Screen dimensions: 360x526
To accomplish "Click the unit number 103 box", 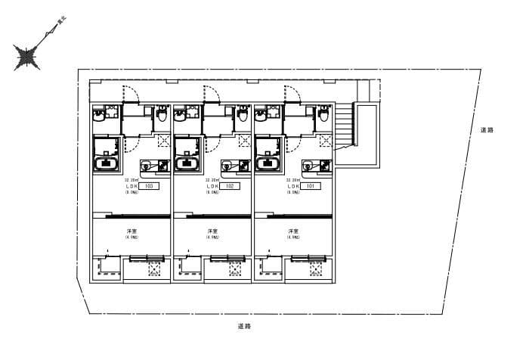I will click(148, 185).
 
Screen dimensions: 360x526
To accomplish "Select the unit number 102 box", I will click(229, 185).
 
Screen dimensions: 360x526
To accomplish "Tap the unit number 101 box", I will click(310, 185).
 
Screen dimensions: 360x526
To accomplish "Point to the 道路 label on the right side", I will click(486, 131).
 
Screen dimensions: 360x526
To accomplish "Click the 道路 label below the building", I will click(243, 326).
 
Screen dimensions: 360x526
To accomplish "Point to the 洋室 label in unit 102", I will click(213, 231).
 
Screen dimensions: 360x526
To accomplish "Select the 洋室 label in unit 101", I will click(293, 231).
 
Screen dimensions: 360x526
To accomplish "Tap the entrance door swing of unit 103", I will click(131, 94).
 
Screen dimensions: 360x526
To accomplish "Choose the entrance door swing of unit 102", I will click(212, 94).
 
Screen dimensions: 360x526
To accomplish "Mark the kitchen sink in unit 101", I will click(308, 165).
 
